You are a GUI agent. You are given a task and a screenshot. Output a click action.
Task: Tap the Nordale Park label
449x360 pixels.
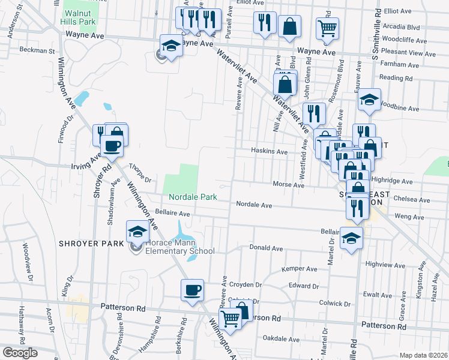click(x=192, y=197)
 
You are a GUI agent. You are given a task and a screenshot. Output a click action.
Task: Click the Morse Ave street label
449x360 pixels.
click(x=288, y=185)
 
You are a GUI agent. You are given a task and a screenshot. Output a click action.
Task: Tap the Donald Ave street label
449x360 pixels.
click(x=266, y=248)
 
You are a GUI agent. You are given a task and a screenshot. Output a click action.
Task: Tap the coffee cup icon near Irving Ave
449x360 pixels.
click(x=112, y=145)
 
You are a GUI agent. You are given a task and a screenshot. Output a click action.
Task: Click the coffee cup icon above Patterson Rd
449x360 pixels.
click(x=193, y=290)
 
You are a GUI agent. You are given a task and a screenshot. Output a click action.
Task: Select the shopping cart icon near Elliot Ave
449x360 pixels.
click(x=327, y=27)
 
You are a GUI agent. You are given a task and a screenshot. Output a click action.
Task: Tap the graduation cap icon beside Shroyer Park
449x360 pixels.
click(x=137, y=231)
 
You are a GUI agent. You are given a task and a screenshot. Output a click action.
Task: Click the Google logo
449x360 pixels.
click(x=20, y=353)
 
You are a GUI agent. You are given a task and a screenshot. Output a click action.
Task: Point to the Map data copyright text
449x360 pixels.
click(x=423, y=355)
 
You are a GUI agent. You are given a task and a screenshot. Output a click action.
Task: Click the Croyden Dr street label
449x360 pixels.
click(x=246, y=285)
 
